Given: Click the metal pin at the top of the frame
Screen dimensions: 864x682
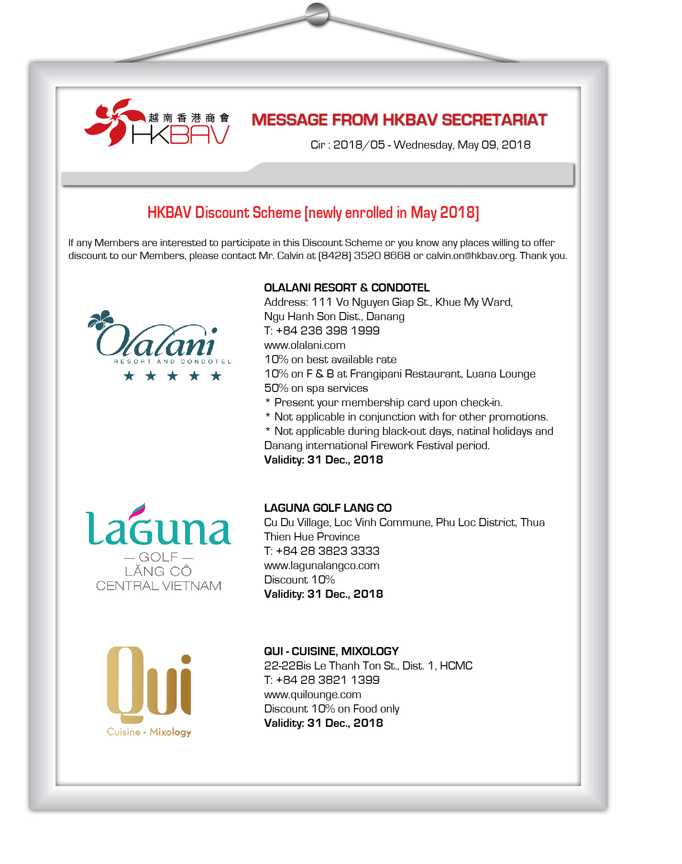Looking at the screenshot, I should pos(317,14).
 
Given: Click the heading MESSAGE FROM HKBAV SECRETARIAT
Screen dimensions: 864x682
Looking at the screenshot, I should pos(399,119).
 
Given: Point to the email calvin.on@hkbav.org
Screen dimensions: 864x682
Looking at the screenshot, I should pos(471,256).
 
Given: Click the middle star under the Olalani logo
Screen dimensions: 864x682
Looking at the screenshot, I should pos(172,376).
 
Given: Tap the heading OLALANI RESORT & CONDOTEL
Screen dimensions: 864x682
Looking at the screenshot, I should pos(347,288).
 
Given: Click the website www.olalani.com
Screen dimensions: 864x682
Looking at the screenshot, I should pos(305,345).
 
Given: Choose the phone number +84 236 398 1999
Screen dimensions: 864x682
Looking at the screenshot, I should pos(328,331).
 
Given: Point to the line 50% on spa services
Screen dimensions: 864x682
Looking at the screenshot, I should pos(316,388).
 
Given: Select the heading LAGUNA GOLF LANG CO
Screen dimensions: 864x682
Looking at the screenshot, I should pos(328,508).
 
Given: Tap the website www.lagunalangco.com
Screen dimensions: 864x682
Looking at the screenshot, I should pos(321,565).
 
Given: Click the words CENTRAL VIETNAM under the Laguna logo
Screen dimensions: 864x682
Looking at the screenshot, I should pos(159,586).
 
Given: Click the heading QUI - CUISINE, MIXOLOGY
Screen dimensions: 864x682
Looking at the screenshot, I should pos(331,651).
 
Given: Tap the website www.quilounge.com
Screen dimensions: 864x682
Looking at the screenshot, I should pos(312,694).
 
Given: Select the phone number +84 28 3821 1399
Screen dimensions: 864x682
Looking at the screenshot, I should pos(328,680).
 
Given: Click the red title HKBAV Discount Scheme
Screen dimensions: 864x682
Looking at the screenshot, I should pos(313,213).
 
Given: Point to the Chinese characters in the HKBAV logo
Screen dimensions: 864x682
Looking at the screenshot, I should pos(189,118).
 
